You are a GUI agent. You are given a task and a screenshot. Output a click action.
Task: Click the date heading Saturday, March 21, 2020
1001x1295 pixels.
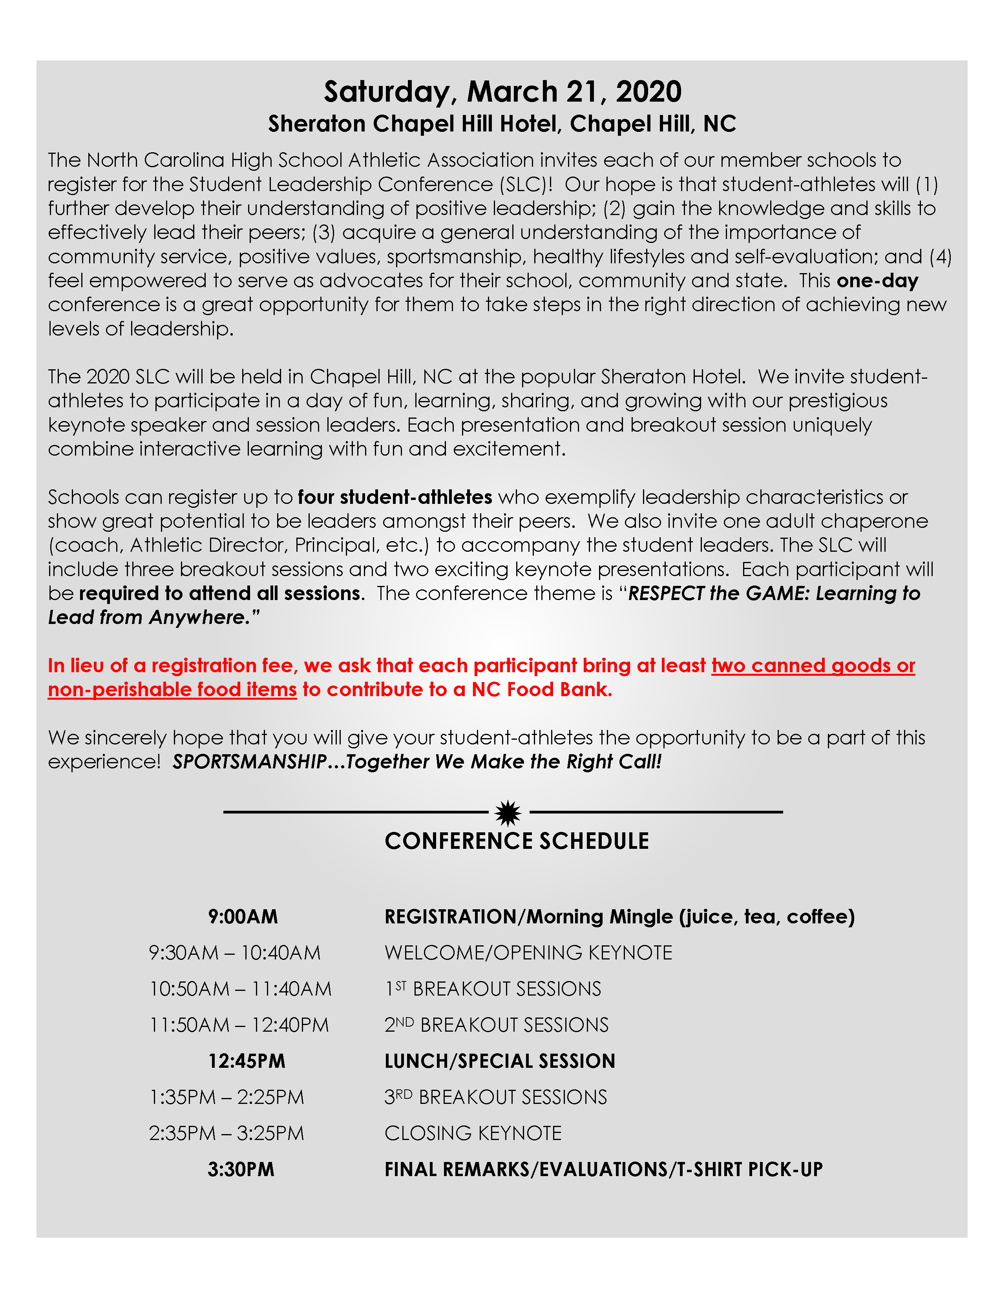[x=502, y=92]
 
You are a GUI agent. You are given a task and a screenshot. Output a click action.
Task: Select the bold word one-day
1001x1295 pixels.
[x=877, y=281]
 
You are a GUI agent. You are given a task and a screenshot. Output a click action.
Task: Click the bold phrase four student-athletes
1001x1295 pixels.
[x=395, y=497]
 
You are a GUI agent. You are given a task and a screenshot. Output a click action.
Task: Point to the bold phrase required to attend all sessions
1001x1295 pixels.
[x=220, y=593]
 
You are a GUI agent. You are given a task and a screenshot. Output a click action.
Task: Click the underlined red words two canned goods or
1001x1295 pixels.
[x=813, y=666]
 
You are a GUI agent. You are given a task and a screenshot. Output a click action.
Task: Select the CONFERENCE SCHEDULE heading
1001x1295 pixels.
[x=517, y=841]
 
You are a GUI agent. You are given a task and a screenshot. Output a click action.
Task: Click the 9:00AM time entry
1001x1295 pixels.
[x=243, y=917]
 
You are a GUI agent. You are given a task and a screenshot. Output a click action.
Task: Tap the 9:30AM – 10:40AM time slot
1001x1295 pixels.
[x=234, y=953]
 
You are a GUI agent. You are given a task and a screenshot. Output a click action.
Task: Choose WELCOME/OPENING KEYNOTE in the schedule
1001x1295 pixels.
[x=528, y=953]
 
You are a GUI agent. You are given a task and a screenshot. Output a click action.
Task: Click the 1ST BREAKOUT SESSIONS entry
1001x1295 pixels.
[x=493, y=989]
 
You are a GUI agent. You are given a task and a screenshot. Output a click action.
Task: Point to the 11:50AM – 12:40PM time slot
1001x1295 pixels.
[x=239, y=1025]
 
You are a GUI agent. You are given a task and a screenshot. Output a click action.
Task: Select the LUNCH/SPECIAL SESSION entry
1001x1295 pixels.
[x=499, y=1062]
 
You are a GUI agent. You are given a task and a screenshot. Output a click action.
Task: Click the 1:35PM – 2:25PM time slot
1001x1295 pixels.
[x=226, y=1098]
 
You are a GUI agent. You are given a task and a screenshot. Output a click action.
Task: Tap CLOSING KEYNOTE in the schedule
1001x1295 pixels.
[x=473, y=1134]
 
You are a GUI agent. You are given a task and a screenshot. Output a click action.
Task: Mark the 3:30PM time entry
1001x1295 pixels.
[x=241, y=1170]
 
